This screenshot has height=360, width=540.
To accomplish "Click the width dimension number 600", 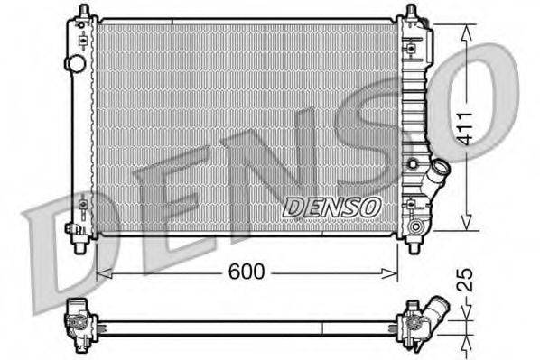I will click(247, 271).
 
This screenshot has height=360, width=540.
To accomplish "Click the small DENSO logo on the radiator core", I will click(331, 206).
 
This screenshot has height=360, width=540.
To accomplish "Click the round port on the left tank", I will click(77, 64).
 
